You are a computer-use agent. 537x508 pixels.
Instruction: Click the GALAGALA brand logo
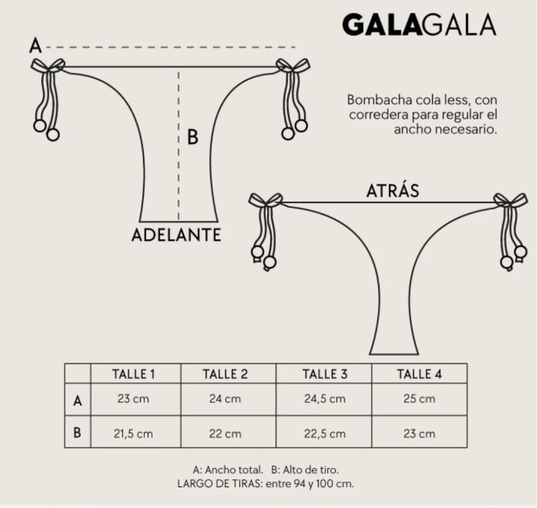[419, 25]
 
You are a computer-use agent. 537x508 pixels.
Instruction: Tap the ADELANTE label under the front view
[176, 235]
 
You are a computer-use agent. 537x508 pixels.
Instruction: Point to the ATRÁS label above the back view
[393, 191]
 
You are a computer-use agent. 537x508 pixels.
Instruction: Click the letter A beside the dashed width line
[36, 46]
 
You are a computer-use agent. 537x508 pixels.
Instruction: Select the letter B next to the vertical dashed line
[193, 137]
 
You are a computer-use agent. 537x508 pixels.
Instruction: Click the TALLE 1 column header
[134, 374]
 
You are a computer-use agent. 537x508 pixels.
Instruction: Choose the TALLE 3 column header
[325, 374]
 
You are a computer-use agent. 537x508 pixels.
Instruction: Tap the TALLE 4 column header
[419, 374]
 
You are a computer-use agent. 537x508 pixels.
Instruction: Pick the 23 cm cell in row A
[133, 399]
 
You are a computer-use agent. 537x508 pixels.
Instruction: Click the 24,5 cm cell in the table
[325, 399]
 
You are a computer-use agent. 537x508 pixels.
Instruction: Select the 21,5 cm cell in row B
[133, 434]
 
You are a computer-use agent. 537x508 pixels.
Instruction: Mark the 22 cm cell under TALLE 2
[225, 434]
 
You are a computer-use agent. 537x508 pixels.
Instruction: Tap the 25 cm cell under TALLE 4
[419, 399]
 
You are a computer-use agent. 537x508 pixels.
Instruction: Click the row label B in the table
[78, 433]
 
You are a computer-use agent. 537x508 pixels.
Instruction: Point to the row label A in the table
[78, 400]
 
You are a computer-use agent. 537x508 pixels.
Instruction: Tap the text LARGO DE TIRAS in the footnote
[220, 484]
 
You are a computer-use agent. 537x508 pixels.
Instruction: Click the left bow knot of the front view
[48, 66]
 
